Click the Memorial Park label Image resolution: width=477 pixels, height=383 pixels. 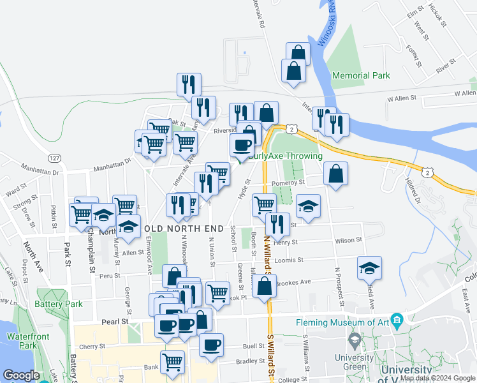click(361, 75)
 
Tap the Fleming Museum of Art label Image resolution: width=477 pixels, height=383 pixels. click(342, 322)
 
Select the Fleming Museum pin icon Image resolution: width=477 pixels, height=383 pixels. click(397, 319)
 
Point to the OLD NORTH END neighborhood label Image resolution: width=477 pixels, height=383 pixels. click(184, 228)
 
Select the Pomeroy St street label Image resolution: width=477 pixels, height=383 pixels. click(289, 183)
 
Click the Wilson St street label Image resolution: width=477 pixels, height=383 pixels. click(349, 240)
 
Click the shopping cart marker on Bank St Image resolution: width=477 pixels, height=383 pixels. click(172, 362)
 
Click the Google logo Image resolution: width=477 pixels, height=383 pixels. click(22, 375)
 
